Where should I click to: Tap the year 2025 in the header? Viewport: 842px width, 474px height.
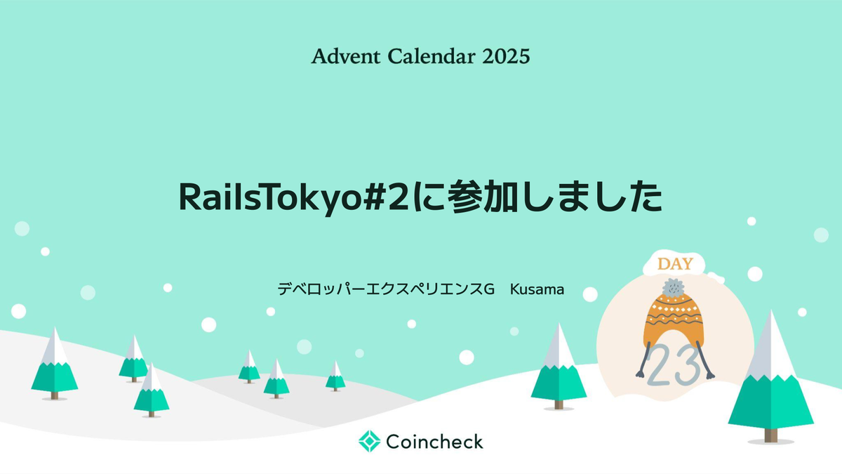click(506, 56)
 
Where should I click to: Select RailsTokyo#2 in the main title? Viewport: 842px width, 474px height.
click(295, 198)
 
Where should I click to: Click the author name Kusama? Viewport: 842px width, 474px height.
click(537, 289)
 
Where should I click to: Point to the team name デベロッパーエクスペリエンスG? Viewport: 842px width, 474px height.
click(386, 289)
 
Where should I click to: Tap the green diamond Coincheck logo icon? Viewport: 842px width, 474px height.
click(369, 441)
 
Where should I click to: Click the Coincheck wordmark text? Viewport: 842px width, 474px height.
click(434, 442)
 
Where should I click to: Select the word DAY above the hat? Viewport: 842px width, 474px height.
click(675, 265)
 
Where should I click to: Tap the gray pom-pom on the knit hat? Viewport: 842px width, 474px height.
click(674, 287)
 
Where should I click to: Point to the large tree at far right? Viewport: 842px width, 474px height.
click(771, 383)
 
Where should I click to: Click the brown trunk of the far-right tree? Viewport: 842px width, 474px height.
click(771, 435)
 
